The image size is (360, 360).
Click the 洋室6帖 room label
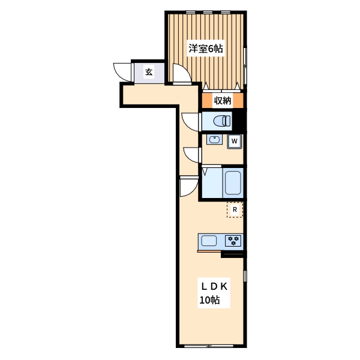tap(205, 49)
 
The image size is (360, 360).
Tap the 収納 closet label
tap(223, 101)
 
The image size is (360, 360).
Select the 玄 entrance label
tap(148, 72)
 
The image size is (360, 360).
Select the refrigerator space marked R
tap(235, 210)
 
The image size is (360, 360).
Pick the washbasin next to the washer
tap(215, 140)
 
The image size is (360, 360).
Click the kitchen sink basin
tap(209, 241)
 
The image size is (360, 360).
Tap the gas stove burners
tap(233, 241)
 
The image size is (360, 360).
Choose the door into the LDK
tap(188, 187)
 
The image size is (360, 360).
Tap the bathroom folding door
tap(205, 172)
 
